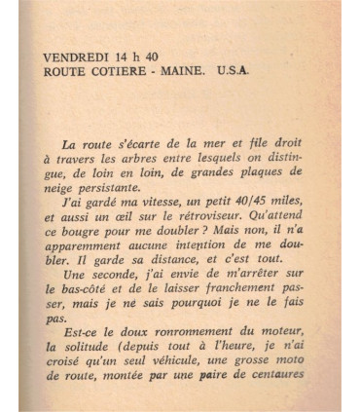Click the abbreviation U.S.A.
point(234,71)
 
